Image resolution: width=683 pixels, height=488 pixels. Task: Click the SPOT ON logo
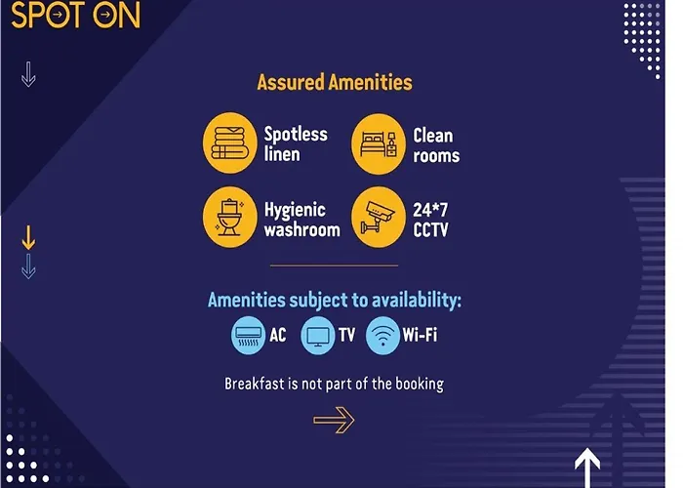tap(76, 16)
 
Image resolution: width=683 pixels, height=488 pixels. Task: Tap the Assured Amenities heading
tap(335, 82)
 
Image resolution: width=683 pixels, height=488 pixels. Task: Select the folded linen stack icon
tap(230, 142)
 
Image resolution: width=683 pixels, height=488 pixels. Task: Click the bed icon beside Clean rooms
tap(379, 144)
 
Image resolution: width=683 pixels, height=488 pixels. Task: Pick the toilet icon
tap(230, 218)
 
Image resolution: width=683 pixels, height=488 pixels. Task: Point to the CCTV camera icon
tap(379, 218)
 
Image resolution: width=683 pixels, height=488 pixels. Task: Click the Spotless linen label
tap(296, 144)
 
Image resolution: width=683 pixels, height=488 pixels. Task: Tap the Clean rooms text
tap(436, 145)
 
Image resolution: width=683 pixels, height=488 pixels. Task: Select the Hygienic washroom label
tap(301, 220)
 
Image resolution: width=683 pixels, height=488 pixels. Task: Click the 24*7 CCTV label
tap(430, 220)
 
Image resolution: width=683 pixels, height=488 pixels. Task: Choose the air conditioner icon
tap(248, 336)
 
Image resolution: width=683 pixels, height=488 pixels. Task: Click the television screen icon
tap(318, 336)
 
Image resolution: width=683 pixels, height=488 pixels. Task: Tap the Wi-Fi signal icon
tap(382, 336)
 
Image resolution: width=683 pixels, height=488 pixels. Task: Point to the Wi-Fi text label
tap(420, 335)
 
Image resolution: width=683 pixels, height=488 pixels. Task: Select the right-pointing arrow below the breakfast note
tap(334, 421)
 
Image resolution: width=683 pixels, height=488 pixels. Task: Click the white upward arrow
tap(587, 468)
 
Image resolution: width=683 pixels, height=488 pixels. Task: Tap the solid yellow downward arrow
tap(28, 238)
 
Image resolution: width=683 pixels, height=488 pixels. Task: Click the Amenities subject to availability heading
tap(335, 301)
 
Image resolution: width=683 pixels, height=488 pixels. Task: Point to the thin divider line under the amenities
tap(334, 264)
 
